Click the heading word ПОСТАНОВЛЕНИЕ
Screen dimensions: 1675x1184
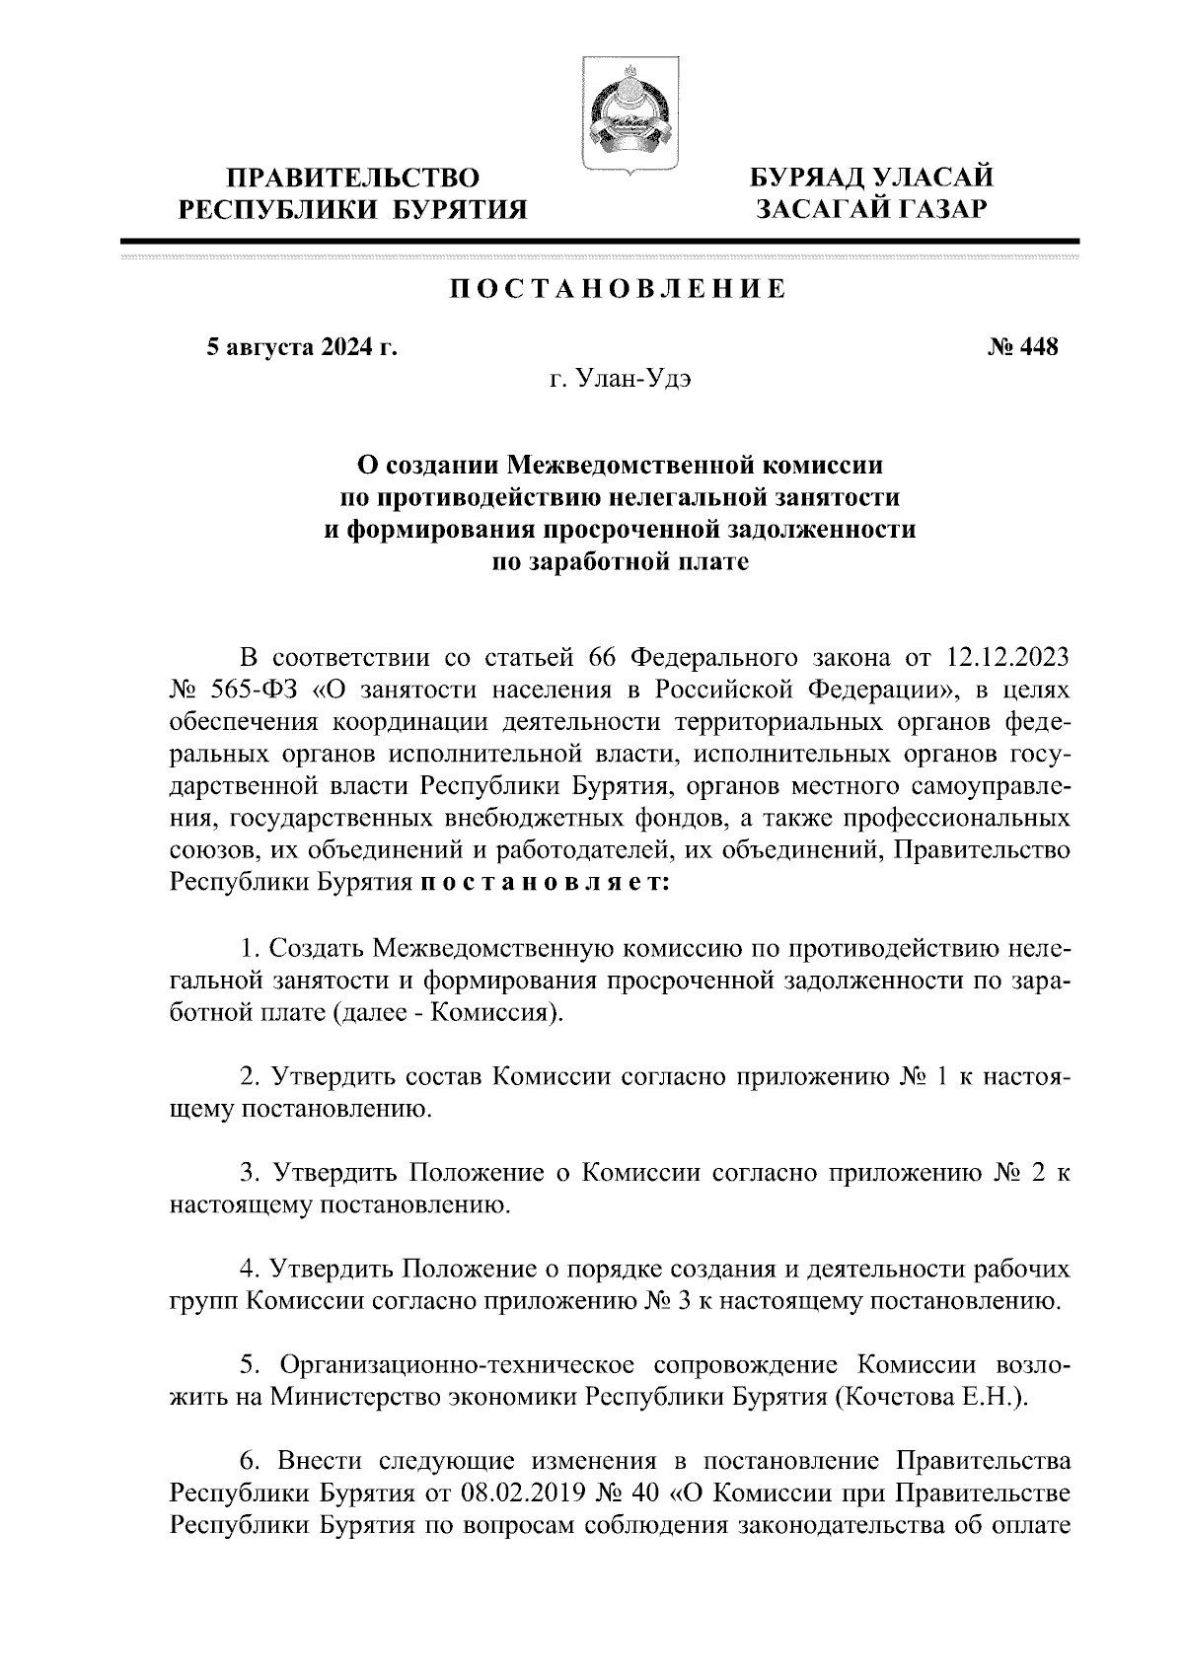619,289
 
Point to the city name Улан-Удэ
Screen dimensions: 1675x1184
621,380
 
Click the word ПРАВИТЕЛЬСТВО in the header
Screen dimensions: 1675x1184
354,179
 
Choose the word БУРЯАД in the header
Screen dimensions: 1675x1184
808,179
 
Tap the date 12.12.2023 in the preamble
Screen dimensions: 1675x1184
1008,658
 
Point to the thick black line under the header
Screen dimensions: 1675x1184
599,241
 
